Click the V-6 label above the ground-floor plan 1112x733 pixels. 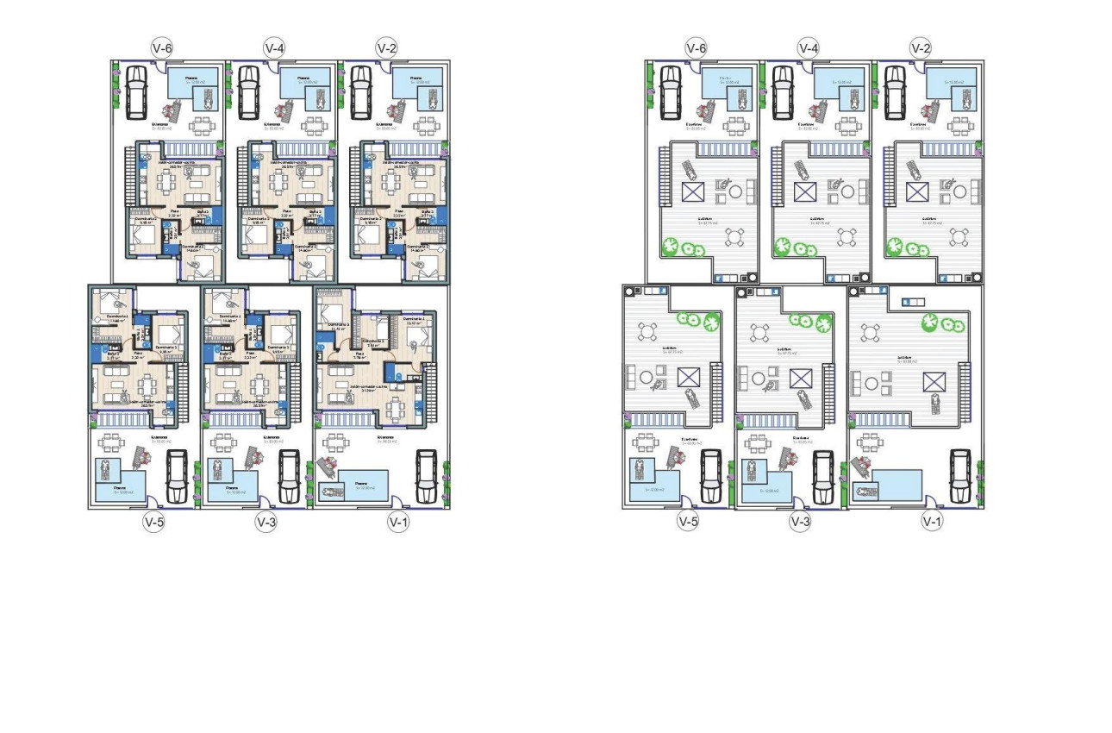pos(161,48)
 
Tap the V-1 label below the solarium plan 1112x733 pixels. pos(931,521)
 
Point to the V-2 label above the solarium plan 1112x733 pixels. pos(921,48)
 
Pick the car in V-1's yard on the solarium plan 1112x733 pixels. pos(959,476)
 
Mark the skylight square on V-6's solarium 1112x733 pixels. pos(692,191)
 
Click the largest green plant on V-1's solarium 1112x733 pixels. pos(931,323)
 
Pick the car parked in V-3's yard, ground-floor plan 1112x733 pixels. pos(289,475)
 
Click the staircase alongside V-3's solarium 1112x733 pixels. pos(829,383)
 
